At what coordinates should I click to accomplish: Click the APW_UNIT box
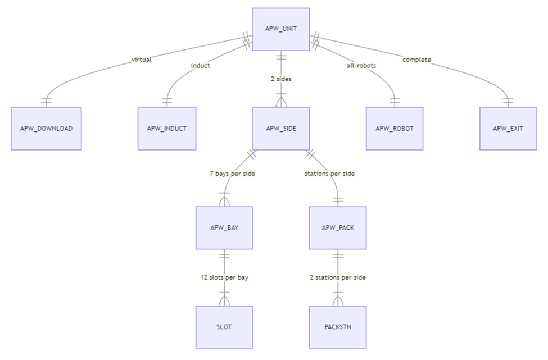tap(281, 29)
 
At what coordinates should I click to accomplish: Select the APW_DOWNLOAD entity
tap(47, 129)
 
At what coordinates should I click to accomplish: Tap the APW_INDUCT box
tap(167, 129)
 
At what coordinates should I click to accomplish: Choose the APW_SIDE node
tap(281, 129)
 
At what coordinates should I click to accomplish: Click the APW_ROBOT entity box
tap(395, 129)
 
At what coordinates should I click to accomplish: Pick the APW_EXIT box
tap(508, 129)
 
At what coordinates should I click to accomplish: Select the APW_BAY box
tap(224, 228)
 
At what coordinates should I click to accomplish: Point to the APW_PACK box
tap(338, 228)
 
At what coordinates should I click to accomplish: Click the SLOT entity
tap(224, 327)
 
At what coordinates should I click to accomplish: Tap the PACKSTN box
tap(338, 327)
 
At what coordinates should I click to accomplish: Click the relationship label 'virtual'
tap(141, 60)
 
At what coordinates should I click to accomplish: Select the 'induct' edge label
tap(200, 66)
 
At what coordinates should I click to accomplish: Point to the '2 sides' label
tap(281, 79)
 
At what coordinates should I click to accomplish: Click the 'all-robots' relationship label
tap(361, 66)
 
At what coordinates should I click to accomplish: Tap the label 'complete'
tap(417, 60)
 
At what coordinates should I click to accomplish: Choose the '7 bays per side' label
tap(232, 174)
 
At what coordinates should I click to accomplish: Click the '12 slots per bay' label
tap(224, 277)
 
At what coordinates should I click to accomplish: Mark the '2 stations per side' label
tap(338, 277)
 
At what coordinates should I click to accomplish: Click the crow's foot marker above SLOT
tap(224, 300)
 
